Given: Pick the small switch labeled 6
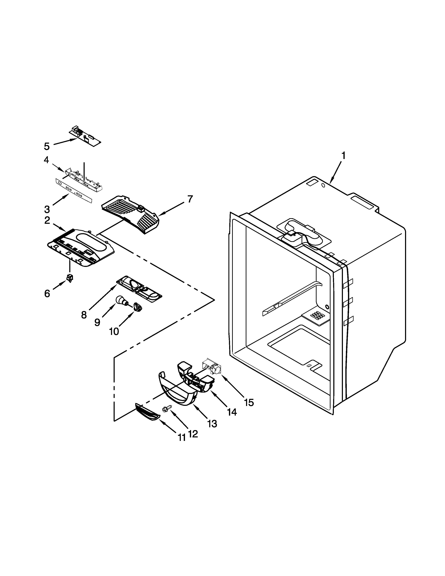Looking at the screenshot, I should pos(70,278).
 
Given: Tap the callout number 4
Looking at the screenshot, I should pos(46,160).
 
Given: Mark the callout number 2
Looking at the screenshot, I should pos(47,220).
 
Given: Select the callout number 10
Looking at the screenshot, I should pos(114,331).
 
